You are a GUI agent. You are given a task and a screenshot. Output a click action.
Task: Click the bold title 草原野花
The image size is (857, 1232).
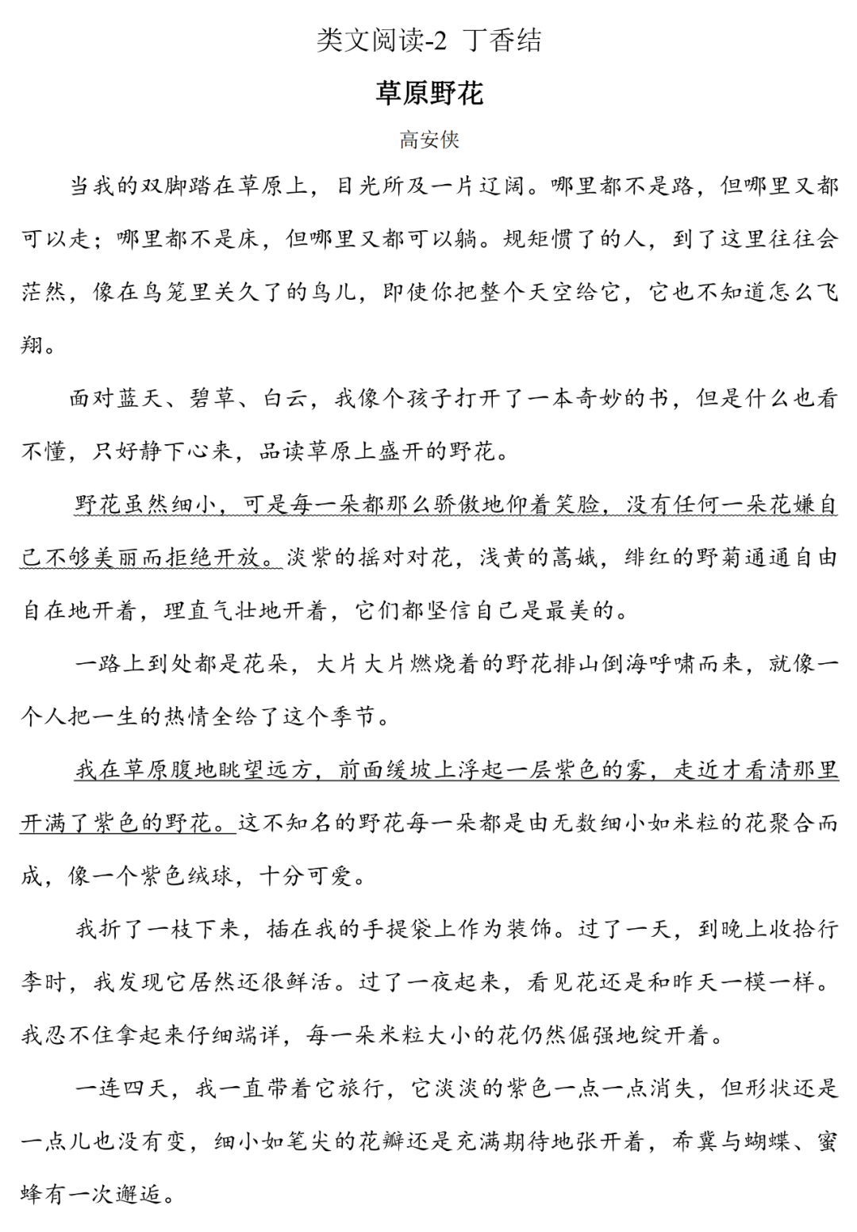click(x=428, y=94)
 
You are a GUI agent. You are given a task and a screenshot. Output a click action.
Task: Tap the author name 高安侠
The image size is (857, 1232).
click(x=428, y=140)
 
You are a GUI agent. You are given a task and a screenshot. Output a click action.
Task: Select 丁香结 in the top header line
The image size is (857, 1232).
click(x=503, y=40)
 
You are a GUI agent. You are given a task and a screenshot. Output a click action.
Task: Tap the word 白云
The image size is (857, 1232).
click(x=284, y=398)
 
